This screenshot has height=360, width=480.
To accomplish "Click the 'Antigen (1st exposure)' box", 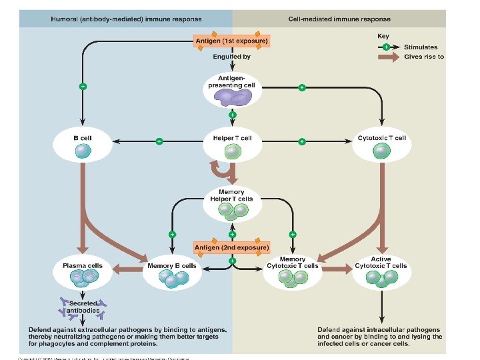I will [231, 41].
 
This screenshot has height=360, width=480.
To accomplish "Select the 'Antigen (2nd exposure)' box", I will [231, 247].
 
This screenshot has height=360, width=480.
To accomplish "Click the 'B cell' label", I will [83, 138].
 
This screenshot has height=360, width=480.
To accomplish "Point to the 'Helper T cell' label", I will [232, 138].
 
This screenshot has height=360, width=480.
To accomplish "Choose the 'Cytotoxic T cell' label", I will [381, 138].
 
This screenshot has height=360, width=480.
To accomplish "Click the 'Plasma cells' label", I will [83, 265].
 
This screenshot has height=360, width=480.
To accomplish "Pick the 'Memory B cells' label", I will [172, 265].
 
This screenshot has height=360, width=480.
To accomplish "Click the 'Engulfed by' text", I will [231, 57].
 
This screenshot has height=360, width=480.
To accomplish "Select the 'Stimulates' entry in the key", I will [421, 47].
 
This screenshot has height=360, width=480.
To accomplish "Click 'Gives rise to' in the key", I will [424, 57].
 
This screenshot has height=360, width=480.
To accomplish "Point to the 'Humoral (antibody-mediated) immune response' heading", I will [117, 19].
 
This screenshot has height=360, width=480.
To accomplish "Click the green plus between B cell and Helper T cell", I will [159, 141].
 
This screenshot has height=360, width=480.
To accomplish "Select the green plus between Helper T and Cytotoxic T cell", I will [301, 141].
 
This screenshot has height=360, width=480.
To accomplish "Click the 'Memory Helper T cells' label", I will [231, 195].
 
